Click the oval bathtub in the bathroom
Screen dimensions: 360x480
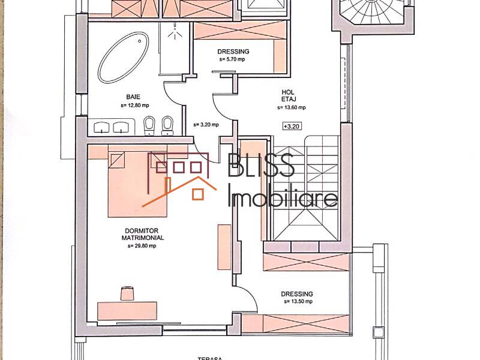[124, 57]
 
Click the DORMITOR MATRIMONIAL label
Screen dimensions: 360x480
[142, 234]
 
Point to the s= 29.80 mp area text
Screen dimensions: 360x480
[142, 245]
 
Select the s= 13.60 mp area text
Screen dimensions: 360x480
[292, 108]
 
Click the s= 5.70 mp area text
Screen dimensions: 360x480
[233, 59]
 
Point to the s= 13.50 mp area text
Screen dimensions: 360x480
[298, 302]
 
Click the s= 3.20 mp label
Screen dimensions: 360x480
[206, 125]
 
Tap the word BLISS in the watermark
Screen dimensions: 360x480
[262, 166]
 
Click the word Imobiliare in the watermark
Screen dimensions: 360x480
[283, 197]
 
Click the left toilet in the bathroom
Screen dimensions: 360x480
[149, 125]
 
